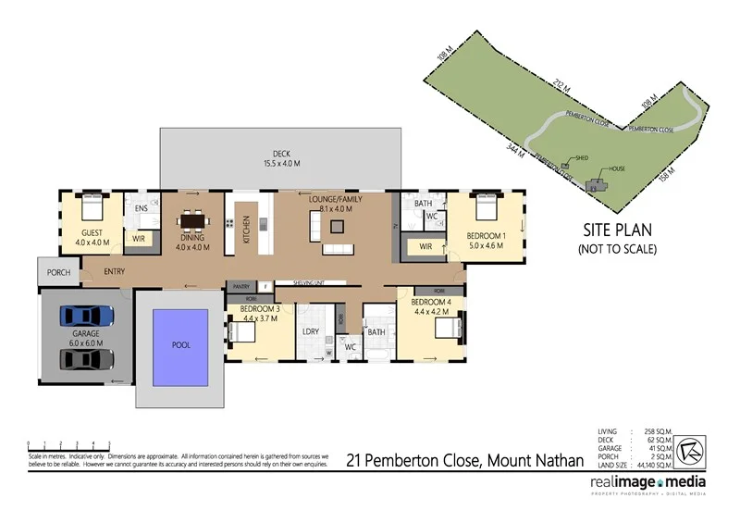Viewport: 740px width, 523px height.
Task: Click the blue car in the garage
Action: coord(86,316)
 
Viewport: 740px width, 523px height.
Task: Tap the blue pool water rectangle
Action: coord(180,344)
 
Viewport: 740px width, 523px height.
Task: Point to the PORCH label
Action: coord(59,272)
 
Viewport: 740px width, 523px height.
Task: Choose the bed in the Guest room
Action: coord(91,205)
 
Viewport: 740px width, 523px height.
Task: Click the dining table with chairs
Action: coord(193,221)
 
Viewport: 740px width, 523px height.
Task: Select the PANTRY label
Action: coord(242,286)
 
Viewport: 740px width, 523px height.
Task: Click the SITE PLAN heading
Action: coord(616,231)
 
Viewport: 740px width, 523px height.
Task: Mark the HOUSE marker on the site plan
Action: coord(614,169)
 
